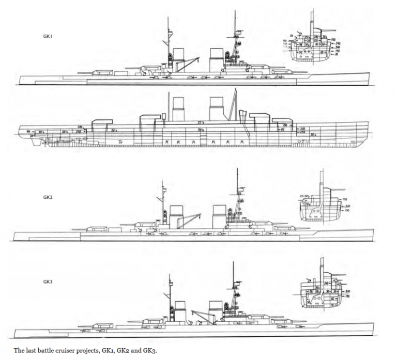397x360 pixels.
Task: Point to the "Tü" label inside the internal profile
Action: click(120, 140)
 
